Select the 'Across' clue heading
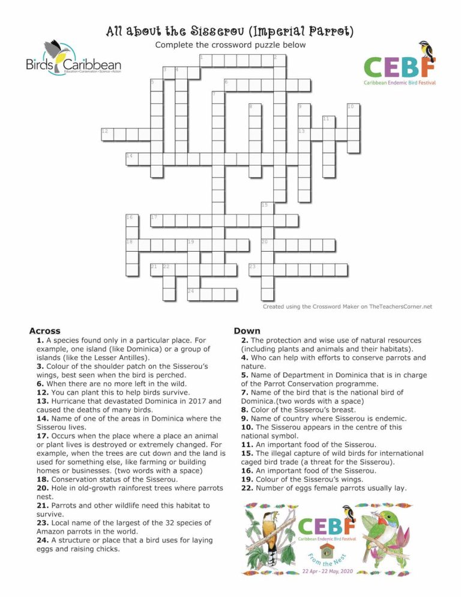coord(44,331)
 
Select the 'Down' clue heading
coord(247,331)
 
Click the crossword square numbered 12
coord(107,133)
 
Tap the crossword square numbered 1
coord(205,60)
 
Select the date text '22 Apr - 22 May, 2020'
coord(328,571)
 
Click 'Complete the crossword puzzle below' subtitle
coord(230,45)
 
